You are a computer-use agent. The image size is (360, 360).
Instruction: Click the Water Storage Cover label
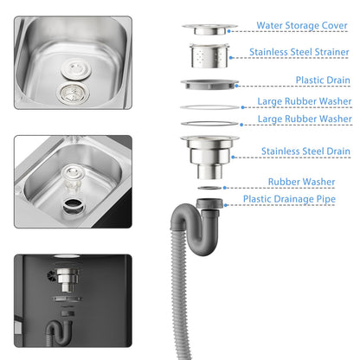coord(302,25)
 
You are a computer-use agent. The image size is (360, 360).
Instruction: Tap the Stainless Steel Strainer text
coord(299,52)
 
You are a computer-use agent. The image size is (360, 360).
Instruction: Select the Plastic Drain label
coord(323,80)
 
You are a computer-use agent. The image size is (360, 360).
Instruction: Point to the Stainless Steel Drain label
coord(305,151)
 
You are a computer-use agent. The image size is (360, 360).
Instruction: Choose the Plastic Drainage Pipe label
coord(289,199)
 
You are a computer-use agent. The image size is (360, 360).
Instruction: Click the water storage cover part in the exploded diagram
coord(209,29)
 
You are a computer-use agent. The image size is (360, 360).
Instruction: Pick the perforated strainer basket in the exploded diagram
coord(209,55)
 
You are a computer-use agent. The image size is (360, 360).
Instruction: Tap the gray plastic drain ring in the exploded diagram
coord(209,84)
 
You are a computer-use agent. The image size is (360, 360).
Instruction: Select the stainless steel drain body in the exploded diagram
coord(209,157)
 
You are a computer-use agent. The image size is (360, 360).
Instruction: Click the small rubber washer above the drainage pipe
coord(209,188)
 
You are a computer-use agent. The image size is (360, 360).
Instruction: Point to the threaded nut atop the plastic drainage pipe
coord(209,203)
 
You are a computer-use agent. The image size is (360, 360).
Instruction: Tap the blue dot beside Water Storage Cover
coord(228,31)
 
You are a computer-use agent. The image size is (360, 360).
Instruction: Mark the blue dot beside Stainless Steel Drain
coord(233,157)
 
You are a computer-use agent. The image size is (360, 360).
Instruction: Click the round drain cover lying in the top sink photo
coord(76,69)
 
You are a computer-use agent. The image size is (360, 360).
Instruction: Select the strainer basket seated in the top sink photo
coord(73,93)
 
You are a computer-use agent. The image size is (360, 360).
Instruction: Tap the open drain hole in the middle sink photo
coord(74,206)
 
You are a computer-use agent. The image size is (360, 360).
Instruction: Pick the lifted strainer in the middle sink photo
coord(72,176)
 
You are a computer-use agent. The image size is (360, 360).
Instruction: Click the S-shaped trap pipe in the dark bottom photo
coord(59,332)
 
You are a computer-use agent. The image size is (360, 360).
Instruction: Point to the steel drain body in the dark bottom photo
coord(67,279)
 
